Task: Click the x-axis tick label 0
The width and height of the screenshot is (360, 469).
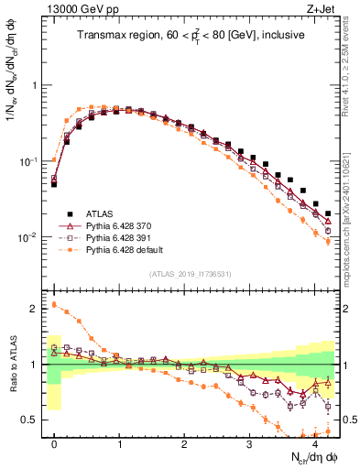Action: click(x=55, y=443)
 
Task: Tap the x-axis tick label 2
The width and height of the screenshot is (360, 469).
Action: click(x=184, y=443)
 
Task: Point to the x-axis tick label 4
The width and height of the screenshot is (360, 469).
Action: click(x=314, y=443)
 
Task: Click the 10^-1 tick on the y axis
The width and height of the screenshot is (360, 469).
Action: click(x=32, y=161)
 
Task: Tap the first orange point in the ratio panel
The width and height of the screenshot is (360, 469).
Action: click(x=55, y=305)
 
